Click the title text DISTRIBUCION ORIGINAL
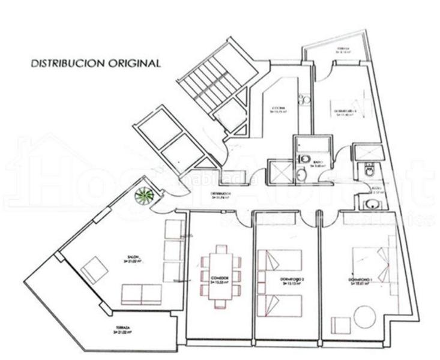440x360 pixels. click(95, 62)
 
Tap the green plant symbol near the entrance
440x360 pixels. click(144, 195)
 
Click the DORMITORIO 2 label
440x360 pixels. click(289, 279)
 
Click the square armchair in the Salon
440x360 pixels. click(94, 269)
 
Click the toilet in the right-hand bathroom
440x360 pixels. click(369, 171)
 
